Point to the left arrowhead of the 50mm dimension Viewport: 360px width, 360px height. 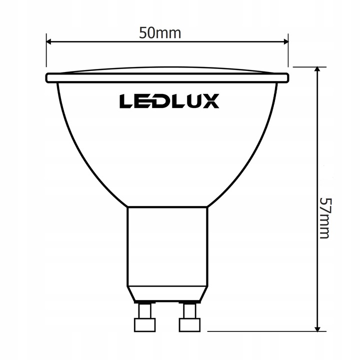49,42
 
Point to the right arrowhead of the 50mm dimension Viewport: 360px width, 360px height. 285,42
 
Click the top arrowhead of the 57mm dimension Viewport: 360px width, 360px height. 317,70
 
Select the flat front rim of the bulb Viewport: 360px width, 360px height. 167,78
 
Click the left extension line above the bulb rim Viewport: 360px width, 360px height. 46,52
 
